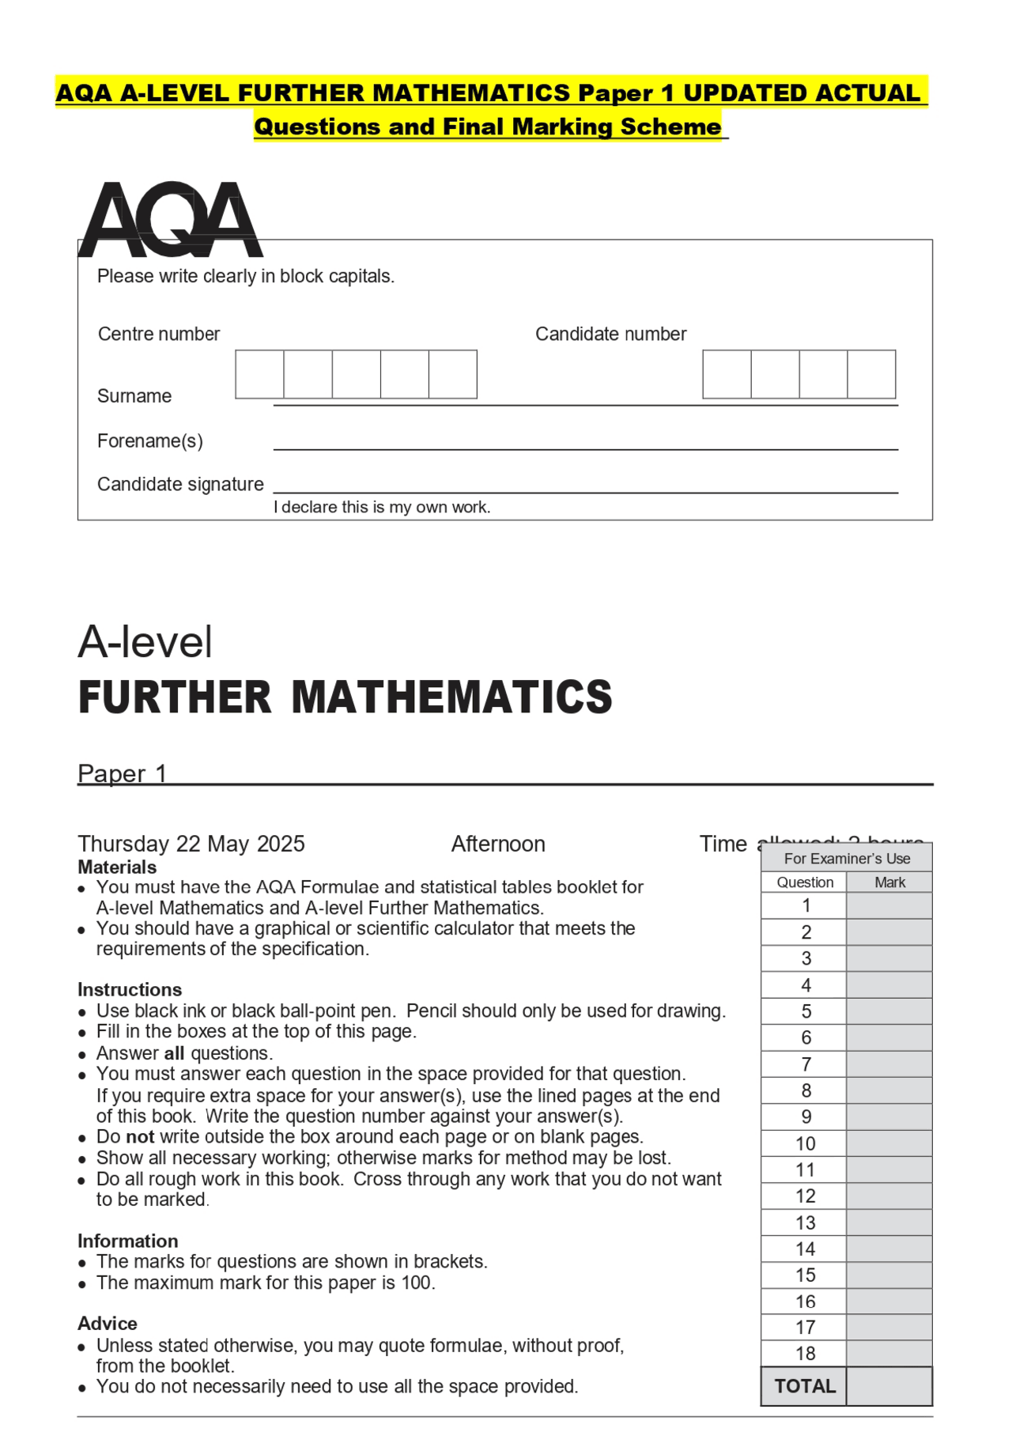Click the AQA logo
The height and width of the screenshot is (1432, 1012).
[x=170, y=220]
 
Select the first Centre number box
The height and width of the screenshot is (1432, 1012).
[x=259, y=374]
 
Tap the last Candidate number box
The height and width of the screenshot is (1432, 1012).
[x=871, y=374]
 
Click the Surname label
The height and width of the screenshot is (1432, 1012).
[x=134, y=396]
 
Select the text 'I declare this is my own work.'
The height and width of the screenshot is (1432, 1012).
[x=382, y=508]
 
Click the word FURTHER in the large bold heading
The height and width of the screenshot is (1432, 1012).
[x=175, y=697]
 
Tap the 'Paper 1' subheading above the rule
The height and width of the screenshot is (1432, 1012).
[x=122, y=773]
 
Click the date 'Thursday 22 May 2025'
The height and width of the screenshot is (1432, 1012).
[x=191, y=844]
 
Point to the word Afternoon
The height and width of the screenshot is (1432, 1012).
[x=498, y=844]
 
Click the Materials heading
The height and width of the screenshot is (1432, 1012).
[x=117, y=867]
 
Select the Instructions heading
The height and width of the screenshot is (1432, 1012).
[x=130, y=990]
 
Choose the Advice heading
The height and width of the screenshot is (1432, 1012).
[x=108, y=1324]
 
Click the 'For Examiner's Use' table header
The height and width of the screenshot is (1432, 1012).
[x=847, y=859]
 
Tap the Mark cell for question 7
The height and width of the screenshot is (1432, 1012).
[x=889, y=1064]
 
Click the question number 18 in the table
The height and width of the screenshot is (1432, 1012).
[x=805, y=1354]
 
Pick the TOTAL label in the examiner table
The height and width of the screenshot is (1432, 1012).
[x=805, y=1386]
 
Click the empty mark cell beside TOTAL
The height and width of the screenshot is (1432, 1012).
[x=889, y=1386]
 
